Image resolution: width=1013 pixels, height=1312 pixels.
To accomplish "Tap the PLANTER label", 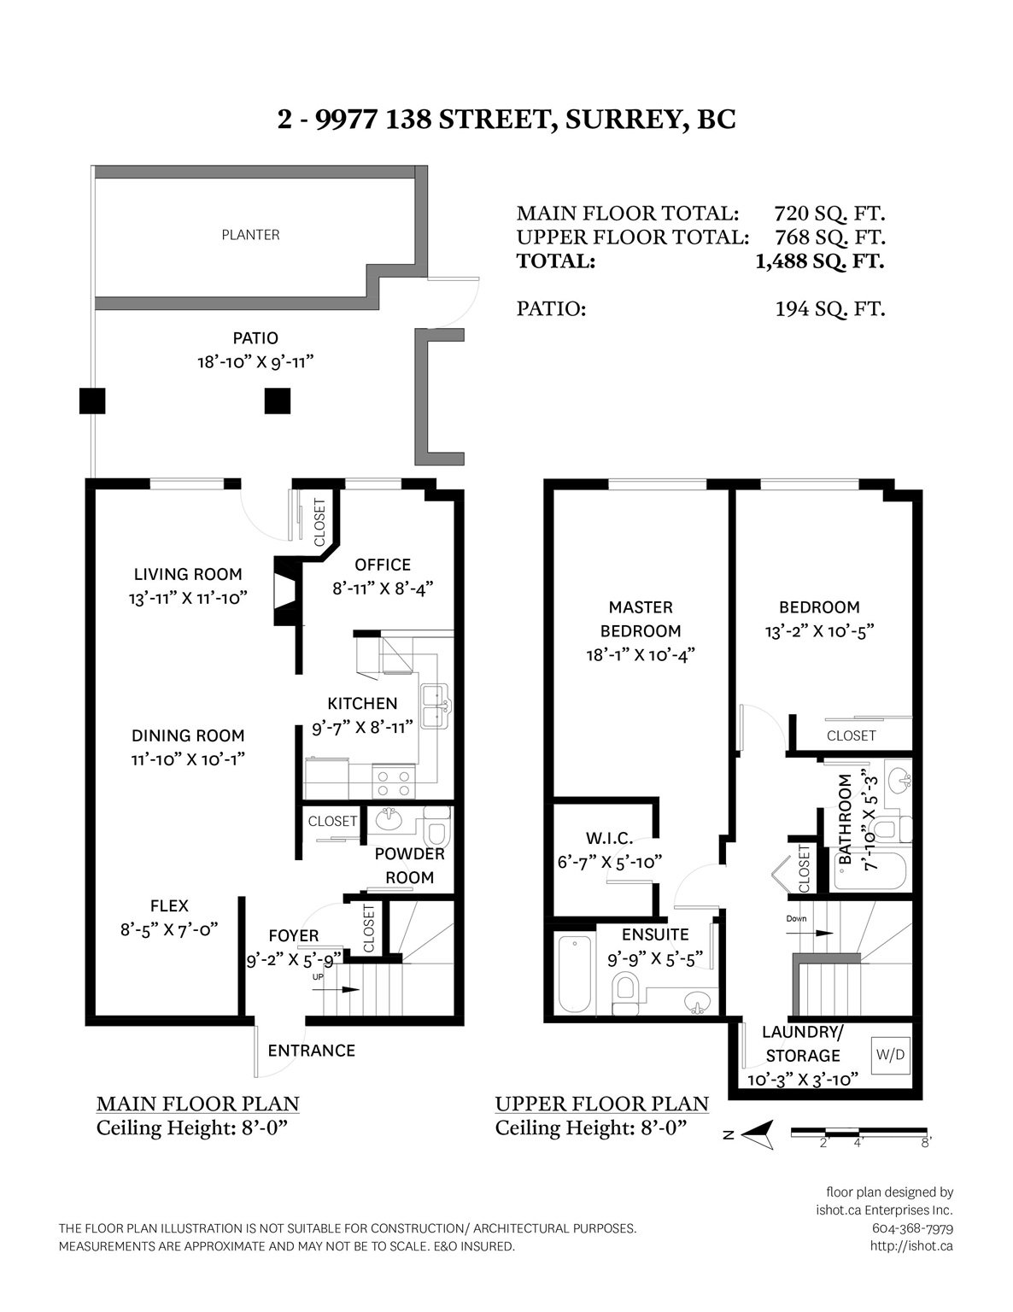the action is [250, 235].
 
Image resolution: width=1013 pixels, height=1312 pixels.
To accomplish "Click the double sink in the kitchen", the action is [436, 706].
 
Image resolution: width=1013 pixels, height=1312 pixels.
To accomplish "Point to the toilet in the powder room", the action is [437, 827].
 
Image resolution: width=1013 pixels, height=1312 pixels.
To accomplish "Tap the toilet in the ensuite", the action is [625, 993].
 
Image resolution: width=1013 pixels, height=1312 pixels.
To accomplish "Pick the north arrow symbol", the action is [757, 1135].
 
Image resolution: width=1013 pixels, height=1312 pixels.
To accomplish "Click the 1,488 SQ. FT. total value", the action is [820, 261].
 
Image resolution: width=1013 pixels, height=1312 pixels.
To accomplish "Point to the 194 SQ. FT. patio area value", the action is [830, 309].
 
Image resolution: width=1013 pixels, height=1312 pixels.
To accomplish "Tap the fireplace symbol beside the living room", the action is [287, 590].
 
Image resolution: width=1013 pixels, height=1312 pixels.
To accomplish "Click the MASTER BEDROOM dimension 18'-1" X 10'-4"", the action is [641, 654].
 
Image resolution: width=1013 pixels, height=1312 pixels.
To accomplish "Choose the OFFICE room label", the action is [383, 565].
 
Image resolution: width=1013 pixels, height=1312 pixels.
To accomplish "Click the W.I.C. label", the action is [609, 838].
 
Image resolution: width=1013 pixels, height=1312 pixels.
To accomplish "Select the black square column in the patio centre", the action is [277, 401].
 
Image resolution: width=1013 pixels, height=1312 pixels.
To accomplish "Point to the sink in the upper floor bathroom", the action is [899, 782].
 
